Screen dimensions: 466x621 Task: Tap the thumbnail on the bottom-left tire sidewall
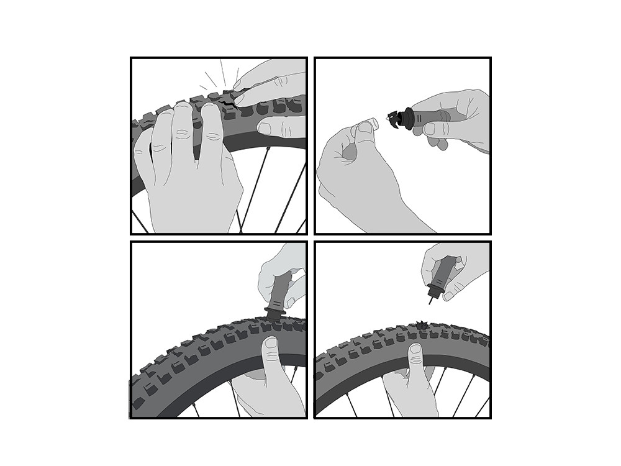coord(272,344)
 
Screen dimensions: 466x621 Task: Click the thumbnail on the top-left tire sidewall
coord(265,129)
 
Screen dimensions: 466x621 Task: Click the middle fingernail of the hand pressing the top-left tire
coord(181,112)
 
